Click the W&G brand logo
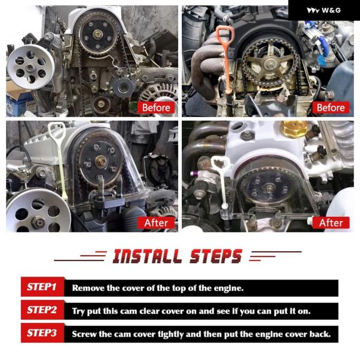point(324,10)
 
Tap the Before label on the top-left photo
point(156,107)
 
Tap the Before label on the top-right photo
point(331,107)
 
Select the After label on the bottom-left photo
point(156,223)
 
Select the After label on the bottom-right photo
point(331,223)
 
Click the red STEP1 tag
point(42,287)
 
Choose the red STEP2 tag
point(42,310)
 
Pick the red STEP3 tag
point(42,333)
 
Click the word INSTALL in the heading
point(147,256)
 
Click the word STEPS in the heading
point(216,256)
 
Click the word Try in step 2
point(78,311)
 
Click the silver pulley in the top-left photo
point(31,67)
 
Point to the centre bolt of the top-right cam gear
point(271,64)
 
